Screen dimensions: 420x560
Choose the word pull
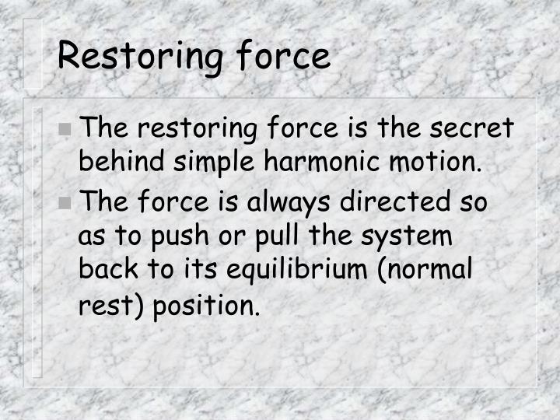pyautogui.click(x=260, y=236)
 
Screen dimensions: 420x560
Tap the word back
pyautogui.click(x=107, y=271)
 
